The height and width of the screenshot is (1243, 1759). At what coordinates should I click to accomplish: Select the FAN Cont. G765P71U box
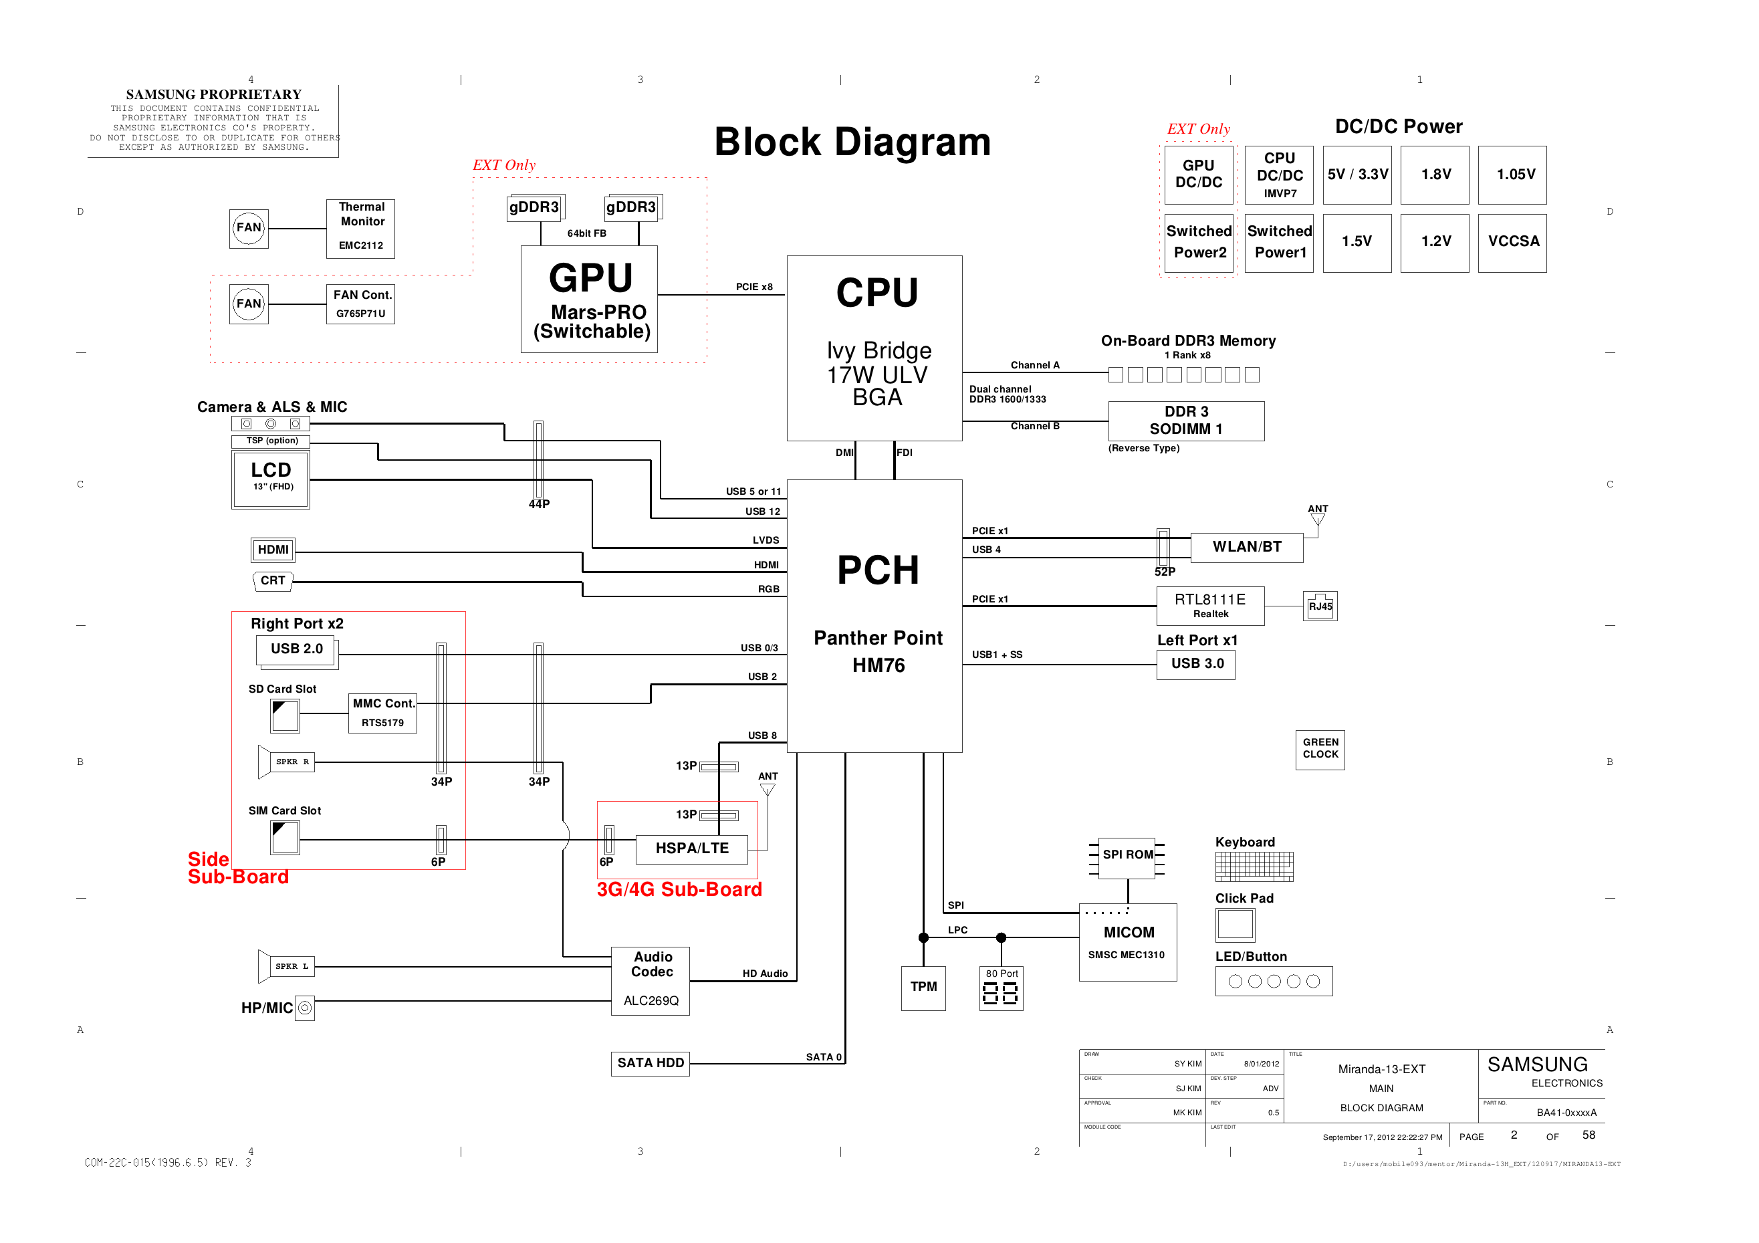(360, 304)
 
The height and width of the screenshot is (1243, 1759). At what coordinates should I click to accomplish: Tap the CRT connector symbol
(272, 581)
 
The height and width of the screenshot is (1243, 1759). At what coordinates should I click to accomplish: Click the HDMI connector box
(273, 550)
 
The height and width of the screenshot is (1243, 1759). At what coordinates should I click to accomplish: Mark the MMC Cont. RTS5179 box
(382, 713)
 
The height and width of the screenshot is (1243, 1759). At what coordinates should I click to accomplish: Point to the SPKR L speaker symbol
(285, 966)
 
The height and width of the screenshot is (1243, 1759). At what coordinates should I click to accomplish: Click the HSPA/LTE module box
(691, 849)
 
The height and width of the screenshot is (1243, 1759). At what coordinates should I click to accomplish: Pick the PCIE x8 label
(754, 287)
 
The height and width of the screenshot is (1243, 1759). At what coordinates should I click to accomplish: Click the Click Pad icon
(1234, 924)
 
